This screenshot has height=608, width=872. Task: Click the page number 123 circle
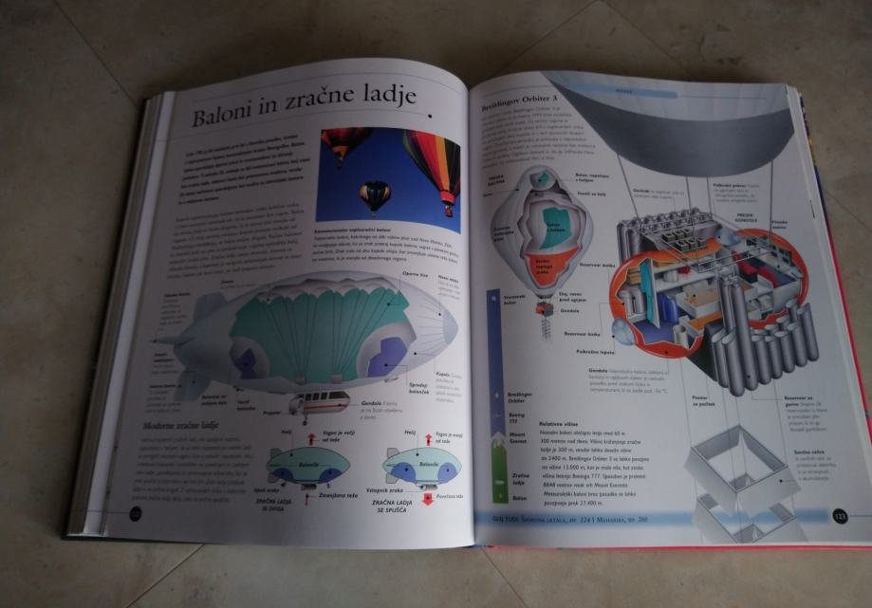[838, 517]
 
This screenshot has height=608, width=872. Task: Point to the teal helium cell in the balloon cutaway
[558, 221]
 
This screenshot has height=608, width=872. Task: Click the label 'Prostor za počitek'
[701, 401]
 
